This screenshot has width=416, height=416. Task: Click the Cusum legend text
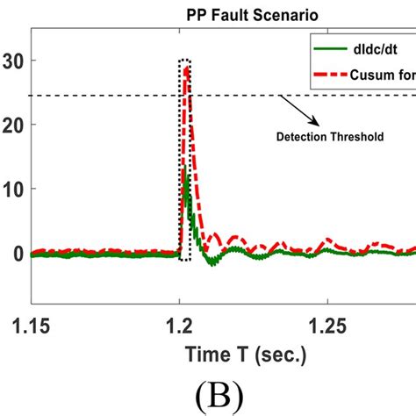click(x=386, y=73)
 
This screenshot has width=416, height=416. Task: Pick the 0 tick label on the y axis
click(x=18, y=253)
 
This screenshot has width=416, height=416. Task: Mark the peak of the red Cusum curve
click(x=186, y=67)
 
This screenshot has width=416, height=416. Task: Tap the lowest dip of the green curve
click(x=212, y=262)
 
